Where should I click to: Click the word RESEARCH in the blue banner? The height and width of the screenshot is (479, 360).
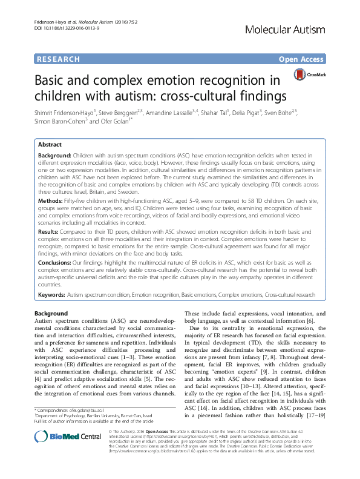(x=59, y=59)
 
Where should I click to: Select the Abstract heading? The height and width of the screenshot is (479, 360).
(x=50, y=145)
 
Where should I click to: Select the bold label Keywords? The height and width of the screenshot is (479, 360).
(x=51, y=296)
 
